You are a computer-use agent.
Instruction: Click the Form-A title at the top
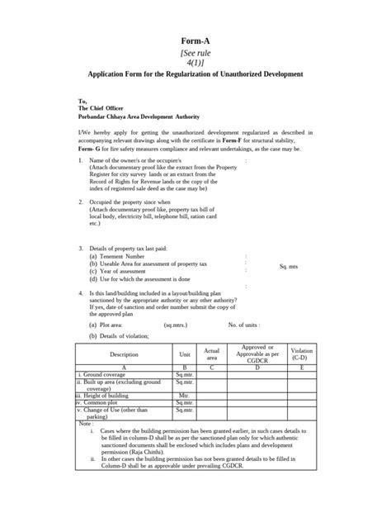195,40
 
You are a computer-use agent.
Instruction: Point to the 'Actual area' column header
212,354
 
